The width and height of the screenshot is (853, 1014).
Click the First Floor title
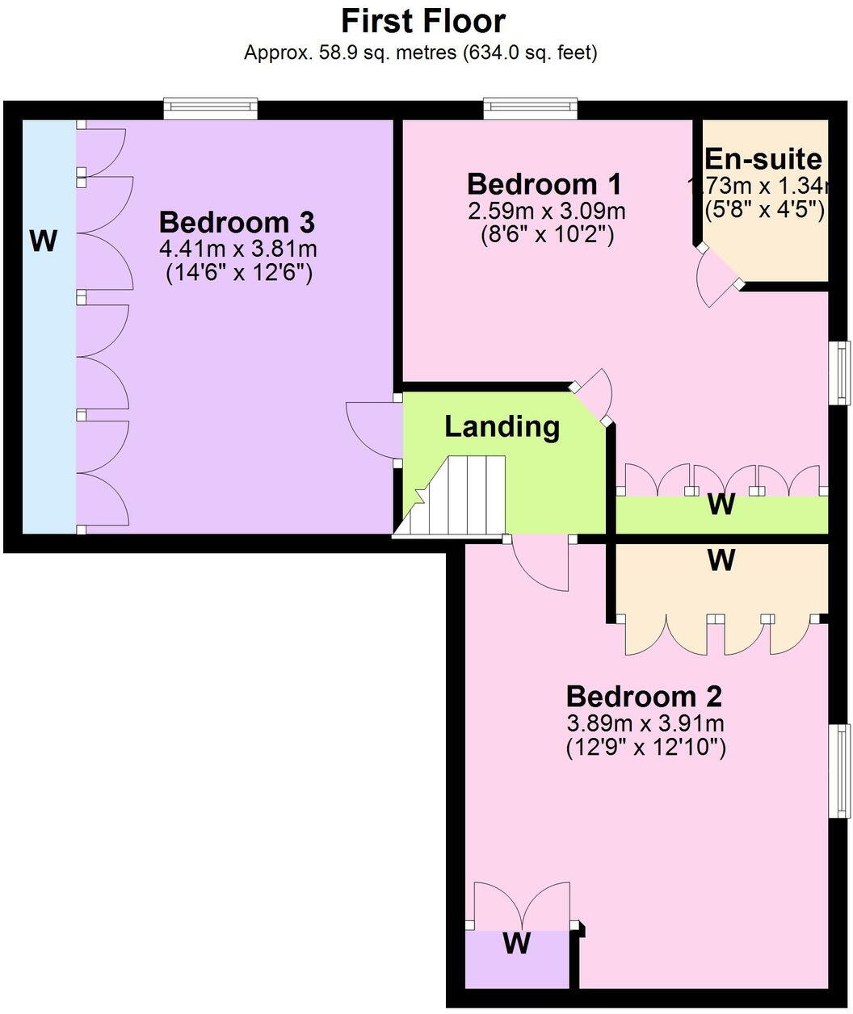(x=423, y=20)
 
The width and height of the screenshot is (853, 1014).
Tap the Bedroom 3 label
(x=237, y=222)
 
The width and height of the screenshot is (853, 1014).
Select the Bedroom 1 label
(x=544, y=184)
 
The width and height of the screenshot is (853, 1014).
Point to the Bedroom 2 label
(x=644, y=696)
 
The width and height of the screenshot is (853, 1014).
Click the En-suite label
(x=763, y=159)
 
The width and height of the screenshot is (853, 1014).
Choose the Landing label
(x=502, y=426)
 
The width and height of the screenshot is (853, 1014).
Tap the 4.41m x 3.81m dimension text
(x=238, y=248)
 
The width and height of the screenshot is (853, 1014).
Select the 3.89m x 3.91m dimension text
(x=645, y=723)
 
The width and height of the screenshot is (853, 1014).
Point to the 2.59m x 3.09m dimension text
(x=546, y=212)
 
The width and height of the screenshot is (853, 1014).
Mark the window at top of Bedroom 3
(x=210, y=109)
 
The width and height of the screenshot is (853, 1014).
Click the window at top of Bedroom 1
(x=531, y=109)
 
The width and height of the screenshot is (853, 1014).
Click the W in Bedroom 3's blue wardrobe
(x=44, y=240)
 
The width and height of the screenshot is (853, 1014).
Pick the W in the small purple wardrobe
(x=517, y=942)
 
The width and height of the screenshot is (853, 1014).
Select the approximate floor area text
(x=421, y=53)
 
